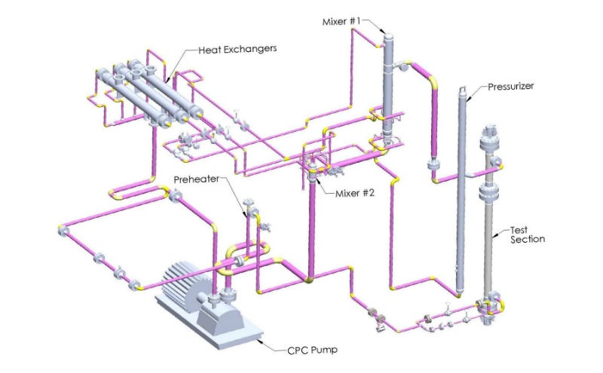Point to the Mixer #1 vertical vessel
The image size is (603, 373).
click(387, 83)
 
